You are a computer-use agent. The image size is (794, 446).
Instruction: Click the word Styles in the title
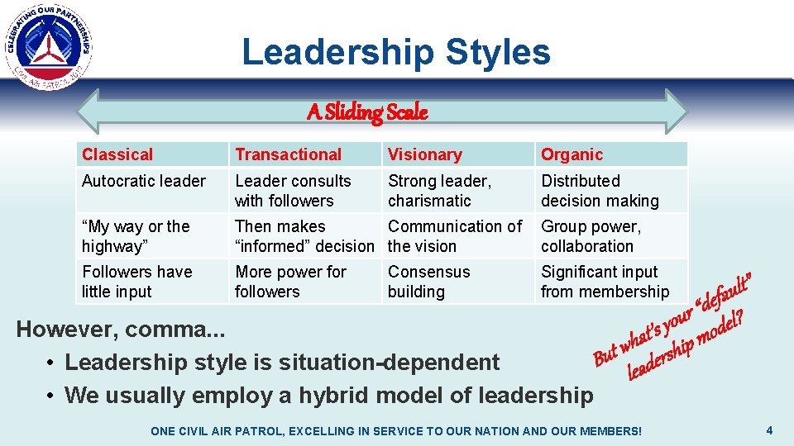pyautogui.click(x=497, y=52)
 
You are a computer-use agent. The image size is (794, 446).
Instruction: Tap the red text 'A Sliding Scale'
pyautogui.click(x=367, y=112)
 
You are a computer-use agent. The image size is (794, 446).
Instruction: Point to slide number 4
pyautogui.click(x=769, y=429)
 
